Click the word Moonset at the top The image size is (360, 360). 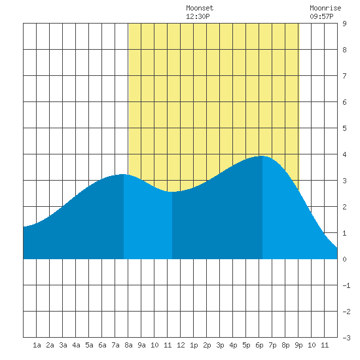[200, 8]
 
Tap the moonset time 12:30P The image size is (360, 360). [198, 16]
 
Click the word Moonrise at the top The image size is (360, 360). [325, 8]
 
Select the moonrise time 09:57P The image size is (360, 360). [321, 16]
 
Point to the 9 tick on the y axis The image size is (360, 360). [344, 24]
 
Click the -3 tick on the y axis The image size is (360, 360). [346, 338]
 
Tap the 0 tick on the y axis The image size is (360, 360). [344, 259]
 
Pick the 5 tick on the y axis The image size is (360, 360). [344, 128]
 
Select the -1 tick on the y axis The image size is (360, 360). [346, 285]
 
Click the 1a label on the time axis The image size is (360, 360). [37, 345]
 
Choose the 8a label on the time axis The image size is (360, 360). [128, 345]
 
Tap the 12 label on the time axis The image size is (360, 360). [181, 345]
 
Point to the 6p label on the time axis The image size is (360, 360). [259, 345]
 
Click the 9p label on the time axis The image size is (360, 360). [298, 345]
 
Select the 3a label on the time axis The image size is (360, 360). [63, 345]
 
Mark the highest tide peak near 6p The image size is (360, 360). [262, 156]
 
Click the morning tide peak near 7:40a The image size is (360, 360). [123, 175]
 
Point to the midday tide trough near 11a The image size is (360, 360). [171, 192]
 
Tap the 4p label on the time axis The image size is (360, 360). [233, 345]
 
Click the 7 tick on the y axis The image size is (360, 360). [344, 76]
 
